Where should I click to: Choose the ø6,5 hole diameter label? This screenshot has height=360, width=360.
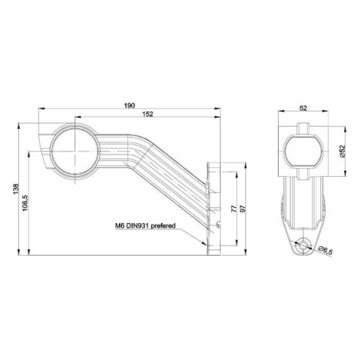[x=326, y=252]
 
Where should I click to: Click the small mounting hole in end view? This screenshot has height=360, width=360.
[x=303, y=248]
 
